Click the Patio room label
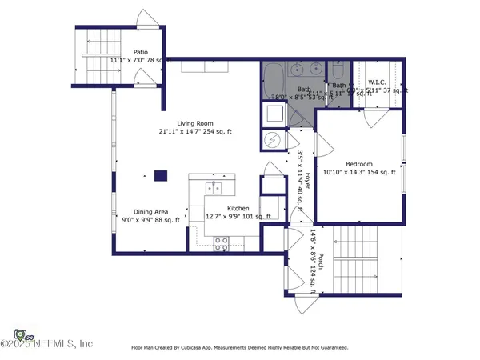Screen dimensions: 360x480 tap(141, 51)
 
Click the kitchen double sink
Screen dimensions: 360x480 tap(214, 189)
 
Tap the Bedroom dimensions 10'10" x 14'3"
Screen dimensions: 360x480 tap(358, 172)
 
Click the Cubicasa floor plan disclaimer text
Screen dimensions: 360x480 tap(239, 348)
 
